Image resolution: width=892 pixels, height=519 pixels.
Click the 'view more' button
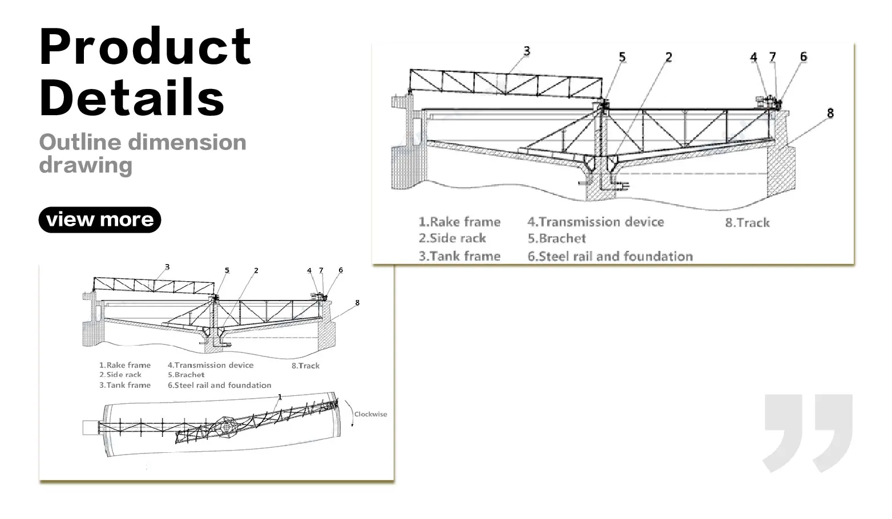(100, 220)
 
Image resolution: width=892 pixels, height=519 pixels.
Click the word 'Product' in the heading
(146, 47)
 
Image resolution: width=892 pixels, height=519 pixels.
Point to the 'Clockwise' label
(370, 414)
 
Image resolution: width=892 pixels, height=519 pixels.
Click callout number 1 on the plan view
(280, 396)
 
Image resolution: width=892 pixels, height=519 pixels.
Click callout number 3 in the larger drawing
(527, 51)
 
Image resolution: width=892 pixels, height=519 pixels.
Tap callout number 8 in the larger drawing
(830, 113)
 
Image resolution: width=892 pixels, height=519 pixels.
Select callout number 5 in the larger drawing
(622, 57)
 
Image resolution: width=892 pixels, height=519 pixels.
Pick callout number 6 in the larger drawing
(804, 56)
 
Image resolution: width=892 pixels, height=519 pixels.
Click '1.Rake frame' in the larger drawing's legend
(459, 222)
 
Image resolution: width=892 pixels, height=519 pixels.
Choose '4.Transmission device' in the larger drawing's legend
(595, 222)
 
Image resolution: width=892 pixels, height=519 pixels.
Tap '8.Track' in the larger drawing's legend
(747, 222)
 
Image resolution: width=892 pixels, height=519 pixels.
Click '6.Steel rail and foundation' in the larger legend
(610, 256)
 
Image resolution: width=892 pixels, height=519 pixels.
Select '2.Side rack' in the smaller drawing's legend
(120, 375)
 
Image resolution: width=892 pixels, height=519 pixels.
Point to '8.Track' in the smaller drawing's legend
(305, 366)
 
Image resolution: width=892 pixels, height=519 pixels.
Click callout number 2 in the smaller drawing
(256, 270)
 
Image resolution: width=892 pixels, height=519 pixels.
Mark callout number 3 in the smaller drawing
(167, 266)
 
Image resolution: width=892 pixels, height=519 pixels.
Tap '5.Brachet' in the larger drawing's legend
(556, 238)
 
